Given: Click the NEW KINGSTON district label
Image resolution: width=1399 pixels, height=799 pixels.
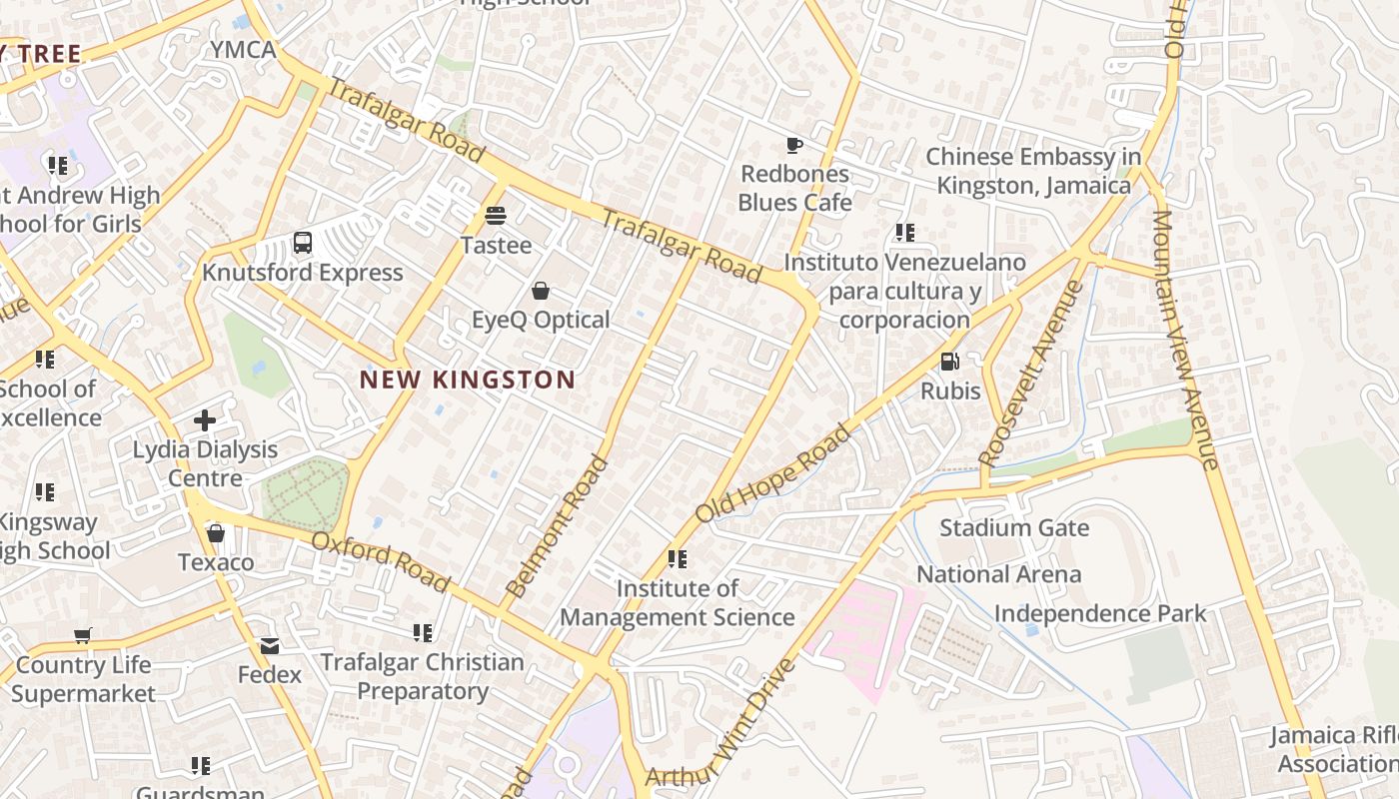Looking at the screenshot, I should coord(467,380).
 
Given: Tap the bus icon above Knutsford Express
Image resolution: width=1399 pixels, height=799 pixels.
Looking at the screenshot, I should coord(303,243).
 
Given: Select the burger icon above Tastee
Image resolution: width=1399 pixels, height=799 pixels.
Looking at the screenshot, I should coord(496,215).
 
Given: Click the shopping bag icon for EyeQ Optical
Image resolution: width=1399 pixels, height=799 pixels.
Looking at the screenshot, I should coord(541,291).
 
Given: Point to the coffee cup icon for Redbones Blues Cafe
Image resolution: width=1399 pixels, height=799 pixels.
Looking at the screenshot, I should coord(794,145).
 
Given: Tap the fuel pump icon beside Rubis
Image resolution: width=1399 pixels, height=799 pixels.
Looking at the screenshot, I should coord(949,362).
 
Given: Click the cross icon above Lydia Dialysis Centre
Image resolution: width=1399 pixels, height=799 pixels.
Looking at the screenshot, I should coord(205,420).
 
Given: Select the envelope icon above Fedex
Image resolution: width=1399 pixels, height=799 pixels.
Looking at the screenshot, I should coord(270,646).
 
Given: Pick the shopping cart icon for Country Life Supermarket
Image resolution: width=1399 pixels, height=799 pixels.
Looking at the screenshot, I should coord(83,635).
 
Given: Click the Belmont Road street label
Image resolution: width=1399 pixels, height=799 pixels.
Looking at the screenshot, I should coord(557,526).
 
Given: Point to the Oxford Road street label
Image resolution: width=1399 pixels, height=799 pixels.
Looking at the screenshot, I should coord(381,561).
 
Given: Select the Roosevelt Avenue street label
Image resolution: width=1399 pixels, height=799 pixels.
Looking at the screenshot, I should coord(1031,374).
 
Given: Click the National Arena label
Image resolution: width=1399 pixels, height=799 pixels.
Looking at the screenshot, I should coord(998,574).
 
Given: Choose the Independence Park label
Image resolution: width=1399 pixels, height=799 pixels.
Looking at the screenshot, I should coord(1100,613).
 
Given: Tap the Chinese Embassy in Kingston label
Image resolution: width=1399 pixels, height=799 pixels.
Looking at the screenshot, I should coord(1033,171).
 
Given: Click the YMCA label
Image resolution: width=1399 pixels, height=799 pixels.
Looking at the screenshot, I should coord(243,49).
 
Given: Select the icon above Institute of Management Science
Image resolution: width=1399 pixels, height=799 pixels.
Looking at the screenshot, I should coord(678,559).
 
